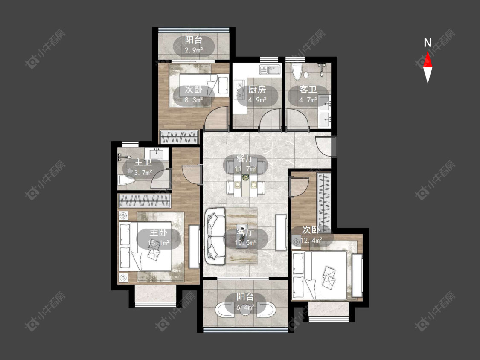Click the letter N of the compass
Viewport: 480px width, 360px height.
(428, 43)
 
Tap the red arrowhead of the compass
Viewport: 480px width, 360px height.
(428, 59)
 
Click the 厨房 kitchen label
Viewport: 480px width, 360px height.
(257, 90)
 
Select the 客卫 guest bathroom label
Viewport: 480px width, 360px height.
(308, 90)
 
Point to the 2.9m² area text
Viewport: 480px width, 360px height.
(194, 50)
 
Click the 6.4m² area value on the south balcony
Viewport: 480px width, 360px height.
(245, 307)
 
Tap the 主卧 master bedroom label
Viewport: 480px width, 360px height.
(159, 232)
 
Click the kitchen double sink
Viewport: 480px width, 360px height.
(271, 70)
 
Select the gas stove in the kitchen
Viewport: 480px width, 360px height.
(239, 90)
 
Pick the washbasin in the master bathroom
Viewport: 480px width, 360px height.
(158, 153)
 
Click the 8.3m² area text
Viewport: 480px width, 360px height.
(194, 99)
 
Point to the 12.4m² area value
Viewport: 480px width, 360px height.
(311, 240)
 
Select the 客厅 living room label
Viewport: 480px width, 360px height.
(245, 232)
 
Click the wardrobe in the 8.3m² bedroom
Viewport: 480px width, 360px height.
(179, 137)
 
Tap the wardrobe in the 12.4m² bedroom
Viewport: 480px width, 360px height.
(324, 202)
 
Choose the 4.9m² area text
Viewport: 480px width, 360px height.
(257, 99)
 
